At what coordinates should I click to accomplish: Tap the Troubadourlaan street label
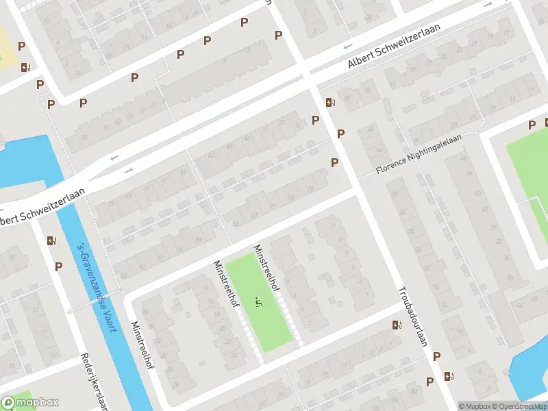(411, 316)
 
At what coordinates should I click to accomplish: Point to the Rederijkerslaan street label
(95, 381)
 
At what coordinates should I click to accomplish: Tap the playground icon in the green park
(258, 299)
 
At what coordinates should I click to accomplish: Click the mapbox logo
(30, 402)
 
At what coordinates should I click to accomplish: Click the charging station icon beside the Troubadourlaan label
(397, 325)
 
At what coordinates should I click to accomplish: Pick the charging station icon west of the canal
(51, 240)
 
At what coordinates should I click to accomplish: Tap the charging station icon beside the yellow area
(26, 67)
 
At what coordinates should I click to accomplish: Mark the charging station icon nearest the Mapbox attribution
(449, 376)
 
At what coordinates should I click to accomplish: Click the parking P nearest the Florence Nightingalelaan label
(335, 162)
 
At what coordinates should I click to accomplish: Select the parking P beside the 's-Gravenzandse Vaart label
(58, 266)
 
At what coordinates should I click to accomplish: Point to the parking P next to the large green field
(532, 125)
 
